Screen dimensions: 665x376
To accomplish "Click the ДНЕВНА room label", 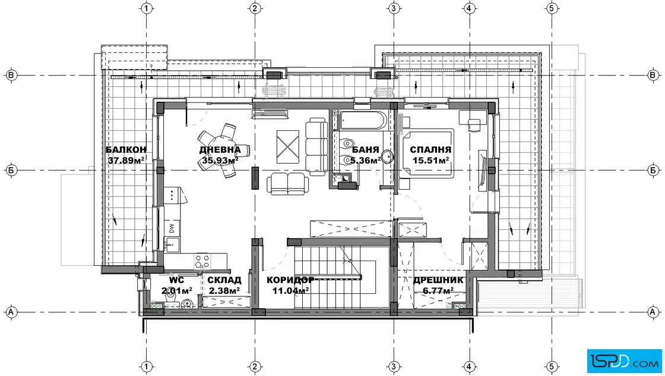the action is (x=220, y=149).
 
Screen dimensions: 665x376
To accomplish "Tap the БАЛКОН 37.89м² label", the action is (x=126, y=155).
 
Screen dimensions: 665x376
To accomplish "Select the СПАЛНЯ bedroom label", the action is (x=430, y=149).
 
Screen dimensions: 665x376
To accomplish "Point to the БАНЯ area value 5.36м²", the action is (x=366, y=161).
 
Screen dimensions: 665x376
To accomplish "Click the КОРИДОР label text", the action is (x=290, y=280).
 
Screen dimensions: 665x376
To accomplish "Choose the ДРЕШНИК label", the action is (x=438, y=280).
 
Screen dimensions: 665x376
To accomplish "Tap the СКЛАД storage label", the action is (x=224, y=280).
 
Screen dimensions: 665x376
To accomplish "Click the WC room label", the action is (x=176, y=280).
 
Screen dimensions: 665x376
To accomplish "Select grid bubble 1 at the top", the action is (x=147, y=8).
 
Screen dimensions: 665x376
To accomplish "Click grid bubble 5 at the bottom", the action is (x=552, y=366).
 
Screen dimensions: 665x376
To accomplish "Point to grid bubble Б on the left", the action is (x=11, y=170).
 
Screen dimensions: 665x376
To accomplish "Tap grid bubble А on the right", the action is (x=653, y=312).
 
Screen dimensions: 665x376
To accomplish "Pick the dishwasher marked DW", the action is (x=172, y=228).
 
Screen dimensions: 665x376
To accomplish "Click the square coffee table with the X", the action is (x=287, y=146).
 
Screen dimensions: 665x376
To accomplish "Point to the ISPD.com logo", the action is (x=624, y=361).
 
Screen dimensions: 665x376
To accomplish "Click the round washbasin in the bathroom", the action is (x=387, y=156).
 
